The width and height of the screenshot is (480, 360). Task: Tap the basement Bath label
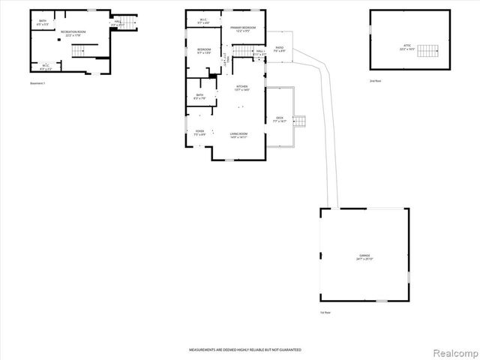(x=42, y=24)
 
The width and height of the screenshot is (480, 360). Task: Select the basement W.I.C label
(x=46, y=67)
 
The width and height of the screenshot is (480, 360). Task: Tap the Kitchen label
(x=241, y=88)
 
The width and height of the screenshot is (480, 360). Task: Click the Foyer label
(x=199, y=133)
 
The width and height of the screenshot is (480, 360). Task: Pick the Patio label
(x=279, y=49)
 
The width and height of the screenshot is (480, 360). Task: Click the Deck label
(x=279, y=118)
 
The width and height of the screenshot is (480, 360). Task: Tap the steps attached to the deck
(x=301, y=121)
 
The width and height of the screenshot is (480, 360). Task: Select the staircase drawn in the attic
(x=427, y=51)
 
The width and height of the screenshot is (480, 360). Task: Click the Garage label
(x=364, y=257)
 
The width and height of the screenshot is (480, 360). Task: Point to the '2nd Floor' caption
(x=376, y=80)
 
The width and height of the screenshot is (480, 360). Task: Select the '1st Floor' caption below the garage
(x=325, y=312)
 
